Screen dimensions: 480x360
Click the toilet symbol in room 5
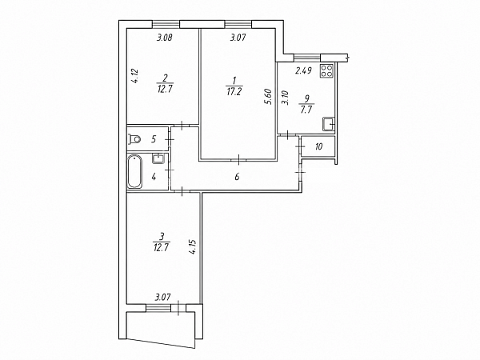click(134, 139)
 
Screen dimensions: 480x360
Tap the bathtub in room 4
click(134, 171)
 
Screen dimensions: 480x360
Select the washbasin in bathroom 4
click(158, 158)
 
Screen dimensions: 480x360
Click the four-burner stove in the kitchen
click(326, 70)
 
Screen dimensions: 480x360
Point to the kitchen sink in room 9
click(329, 125)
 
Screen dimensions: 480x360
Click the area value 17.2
click(234, 92)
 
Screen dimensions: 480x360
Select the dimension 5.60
click(270, 97)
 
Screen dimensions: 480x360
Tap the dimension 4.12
click(136, 77)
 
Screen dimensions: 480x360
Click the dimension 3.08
click(165, 38)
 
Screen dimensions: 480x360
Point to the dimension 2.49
click(303, 70)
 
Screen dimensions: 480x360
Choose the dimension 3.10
click(286, 98)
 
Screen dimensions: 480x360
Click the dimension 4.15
click(193, 247)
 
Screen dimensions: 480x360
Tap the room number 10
click(318, 146)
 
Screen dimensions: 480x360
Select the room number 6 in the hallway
click(238, 177)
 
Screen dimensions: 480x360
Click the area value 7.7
click(306, 110)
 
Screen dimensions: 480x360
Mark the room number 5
click(154, 139)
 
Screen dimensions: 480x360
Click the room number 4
click(154, 178)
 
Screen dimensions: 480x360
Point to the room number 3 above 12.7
click(162, 236)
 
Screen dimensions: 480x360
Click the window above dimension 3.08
click(166, 24)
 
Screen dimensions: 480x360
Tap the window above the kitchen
click(307, 58)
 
